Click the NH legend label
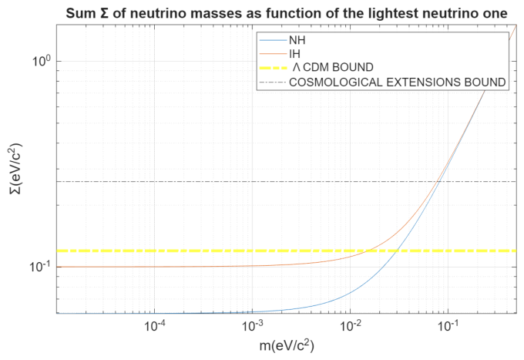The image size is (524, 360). (x=297, y=40)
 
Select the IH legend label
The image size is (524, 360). (x=294, y=54)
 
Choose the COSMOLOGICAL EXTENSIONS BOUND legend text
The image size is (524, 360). (x=398, y=82)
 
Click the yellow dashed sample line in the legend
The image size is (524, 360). (x=274, y=68)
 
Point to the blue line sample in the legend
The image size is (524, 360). (x=274, y=40)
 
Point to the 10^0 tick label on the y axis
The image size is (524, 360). (x=42, y=60)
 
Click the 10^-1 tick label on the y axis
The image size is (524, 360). (x=40, y=266)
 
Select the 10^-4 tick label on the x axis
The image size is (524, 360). (x=155, y=326)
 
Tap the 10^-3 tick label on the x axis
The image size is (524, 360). (x=253, y=326)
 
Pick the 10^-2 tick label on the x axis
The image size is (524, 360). (x=351, y=326)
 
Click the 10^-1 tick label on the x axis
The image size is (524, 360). (x=448, y=326)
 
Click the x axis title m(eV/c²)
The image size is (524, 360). (x=287, y=345)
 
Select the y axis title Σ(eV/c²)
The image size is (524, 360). (x=15, y=168)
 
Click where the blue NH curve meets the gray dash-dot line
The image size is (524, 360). (x=440, y=181)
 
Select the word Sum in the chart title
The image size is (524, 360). (x=80, y=14)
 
